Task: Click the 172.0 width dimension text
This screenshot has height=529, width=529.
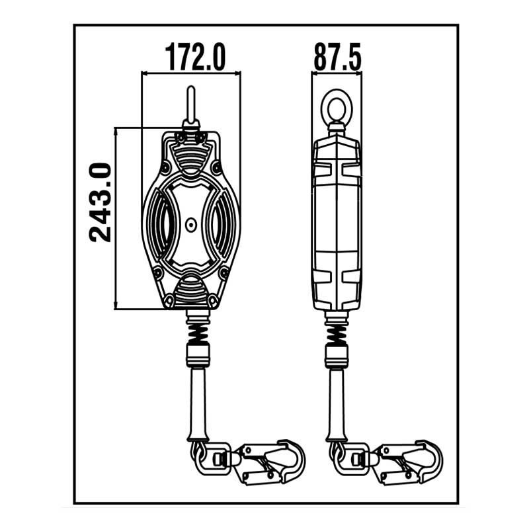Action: (x=195, y=57)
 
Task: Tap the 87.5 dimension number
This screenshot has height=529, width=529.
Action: (x=337, y=57)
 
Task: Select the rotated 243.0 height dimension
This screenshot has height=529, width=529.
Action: (x=101, y=203)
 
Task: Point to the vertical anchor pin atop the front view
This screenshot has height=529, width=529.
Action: (x=191, y=105)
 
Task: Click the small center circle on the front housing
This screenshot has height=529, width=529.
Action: (x=191, y=224)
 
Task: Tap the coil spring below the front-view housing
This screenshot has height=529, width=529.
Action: (x=198, y=333)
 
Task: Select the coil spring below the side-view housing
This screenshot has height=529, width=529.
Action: (x=337, y=333)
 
